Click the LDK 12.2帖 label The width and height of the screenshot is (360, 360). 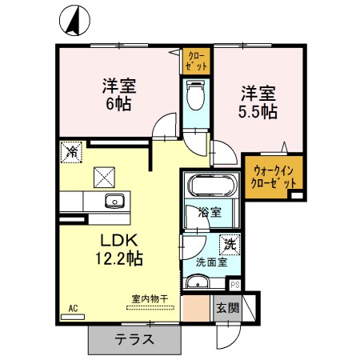pos(120,250)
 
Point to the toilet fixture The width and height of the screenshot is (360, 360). pos(194,98)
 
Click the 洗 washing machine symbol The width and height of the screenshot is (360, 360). pos(227,242)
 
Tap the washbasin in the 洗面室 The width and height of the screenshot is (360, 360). pos(198,282)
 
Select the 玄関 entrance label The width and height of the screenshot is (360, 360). pos(226,307)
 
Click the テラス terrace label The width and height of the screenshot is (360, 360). pos(134,338)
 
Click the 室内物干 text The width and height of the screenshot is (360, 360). pos(150,299)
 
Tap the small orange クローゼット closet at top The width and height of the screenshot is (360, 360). pos(196,60)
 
